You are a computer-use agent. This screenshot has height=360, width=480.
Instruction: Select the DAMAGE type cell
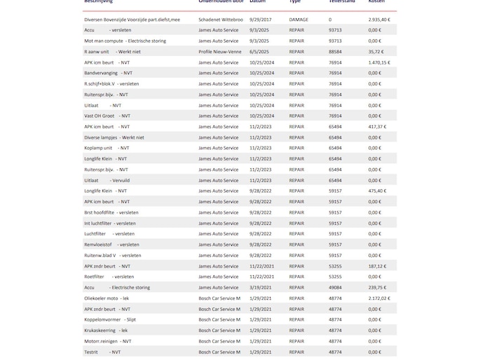(299, 20)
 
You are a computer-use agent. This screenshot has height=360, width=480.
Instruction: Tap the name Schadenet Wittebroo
(221, 20)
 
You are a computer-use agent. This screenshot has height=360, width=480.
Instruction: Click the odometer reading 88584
(335, 51)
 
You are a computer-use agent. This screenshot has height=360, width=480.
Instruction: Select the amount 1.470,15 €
(379, 62)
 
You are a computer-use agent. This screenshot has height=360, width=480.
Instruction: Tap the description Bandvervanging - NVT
(108, 73)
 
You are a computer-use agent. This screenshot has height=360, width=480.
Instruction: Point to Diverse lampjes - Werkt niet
(114, 137)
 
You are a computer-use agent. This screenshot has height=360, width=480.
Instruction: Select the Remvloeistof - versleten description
(111, 244)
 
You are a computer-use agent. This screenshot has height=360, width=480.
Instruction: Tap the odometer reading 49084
(335, 287)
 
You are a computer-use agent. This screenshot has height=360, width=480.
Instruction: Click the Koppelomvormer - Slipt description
(109, 319)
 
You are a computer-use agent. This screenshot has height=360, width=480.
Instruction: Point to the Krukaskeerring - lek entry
(106, 330)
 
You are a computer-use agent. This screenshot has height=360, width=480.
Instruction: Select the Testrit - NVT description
(102, 352)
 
